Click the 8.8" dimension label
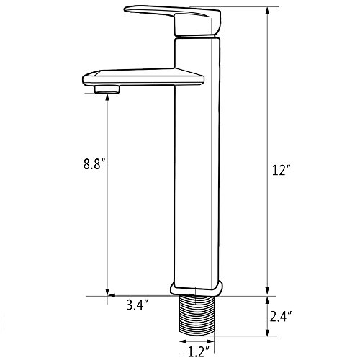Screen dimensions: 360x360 tap(94, 164)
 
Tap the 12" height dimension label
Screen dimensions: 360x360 tap(281, 170)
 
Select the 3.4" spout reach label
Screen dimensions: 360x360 tap(138, 305)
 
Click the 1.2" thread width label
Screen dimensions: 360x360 tap(198, 352)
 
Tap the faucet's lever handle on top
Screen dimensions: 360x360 tap(173, 21)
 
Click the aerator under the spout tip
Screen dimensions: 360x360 tap(107, 89)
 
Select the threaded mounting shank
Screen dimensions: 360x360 tap(197, 315)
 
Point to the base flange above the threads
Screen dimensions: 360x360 tap(197, 289)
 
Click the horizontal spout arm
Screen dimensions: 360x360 tap(143, 77)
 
